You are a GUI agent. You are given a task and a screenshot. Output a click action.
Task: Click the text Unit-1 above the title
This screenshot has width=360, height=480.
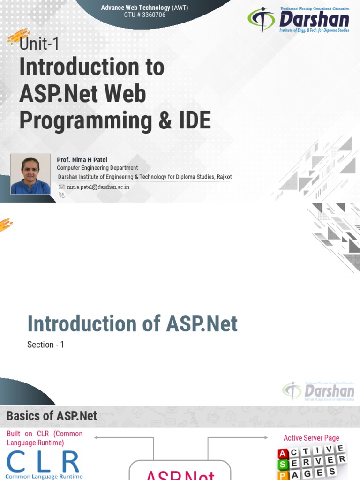(39, 45)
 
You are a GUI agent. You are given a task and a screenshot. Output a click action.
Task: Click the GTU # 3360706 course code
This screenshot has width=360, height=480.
(144, 15)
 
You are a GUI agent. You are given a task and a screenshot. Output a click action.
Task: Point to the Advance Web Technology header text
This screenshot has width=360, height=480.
(135, 7)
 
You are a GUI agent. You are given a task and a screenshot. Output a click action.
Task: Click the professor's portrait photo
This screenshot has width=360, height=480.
(30, 174)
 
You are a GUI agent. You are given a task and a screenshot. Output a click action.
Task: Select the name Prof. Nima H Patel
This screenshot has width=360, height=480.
(82, 160)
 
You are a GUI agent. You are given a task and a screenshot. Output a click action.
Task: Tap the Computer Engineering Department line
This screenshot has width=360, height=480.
(97, 168)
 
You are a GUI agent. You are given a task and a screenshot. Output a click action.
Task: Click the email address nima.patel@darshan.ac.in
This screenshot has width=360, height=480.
(98, 187)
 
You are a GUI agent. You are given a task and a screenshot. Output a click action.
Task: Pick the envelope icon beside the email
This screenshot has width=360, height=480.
(61, 187)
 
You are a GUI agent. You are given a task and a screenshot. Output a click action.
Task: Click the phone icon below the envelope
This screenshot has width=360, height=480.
(61, 195)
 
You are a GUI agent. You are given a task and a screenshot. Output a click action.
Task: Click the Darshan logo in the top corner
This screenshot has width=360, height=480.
(299, 20)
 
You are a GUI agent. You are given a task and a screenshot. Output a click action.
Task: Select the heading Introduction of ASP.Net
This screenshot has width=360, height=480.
(132, 324)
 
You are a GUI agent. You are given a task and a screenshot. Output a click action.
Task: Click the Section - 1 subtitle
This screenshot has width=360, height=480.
(45, 345)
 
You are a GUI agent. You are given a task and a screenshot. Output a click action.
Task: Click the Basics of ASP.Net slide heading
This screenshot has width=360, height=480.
(52, 416)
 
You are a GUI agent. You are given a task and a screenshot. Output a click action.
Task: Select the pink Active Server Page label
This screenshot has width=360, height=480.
(311, 438)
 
